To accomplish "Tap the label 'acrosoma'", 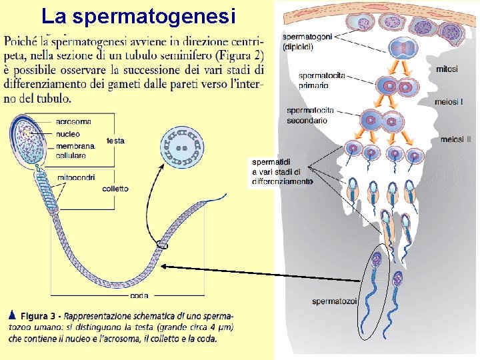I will [73, 122].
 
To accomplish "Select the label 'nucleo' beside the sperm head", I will [69, 133].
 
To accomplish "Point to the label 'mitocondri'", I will [76, 177].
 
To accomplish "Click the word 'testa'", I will [115, 141].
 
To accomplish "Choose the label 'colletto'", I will [115, 189].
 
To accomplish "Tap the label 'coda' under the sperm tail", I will [139, 295].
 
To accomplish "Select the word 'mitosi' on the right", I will [447, 69].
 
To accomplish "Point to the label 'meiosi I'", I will [448, 102].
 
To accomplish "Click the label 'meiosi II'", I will [456, 139].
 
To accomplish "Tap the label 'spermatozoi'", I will [335, 302].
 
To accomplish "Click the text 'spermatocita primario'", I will [322, 80].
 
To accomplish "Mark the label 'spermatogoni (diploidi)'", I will [306, 42].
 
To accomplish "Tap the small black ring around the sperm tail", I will [162, 246].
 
